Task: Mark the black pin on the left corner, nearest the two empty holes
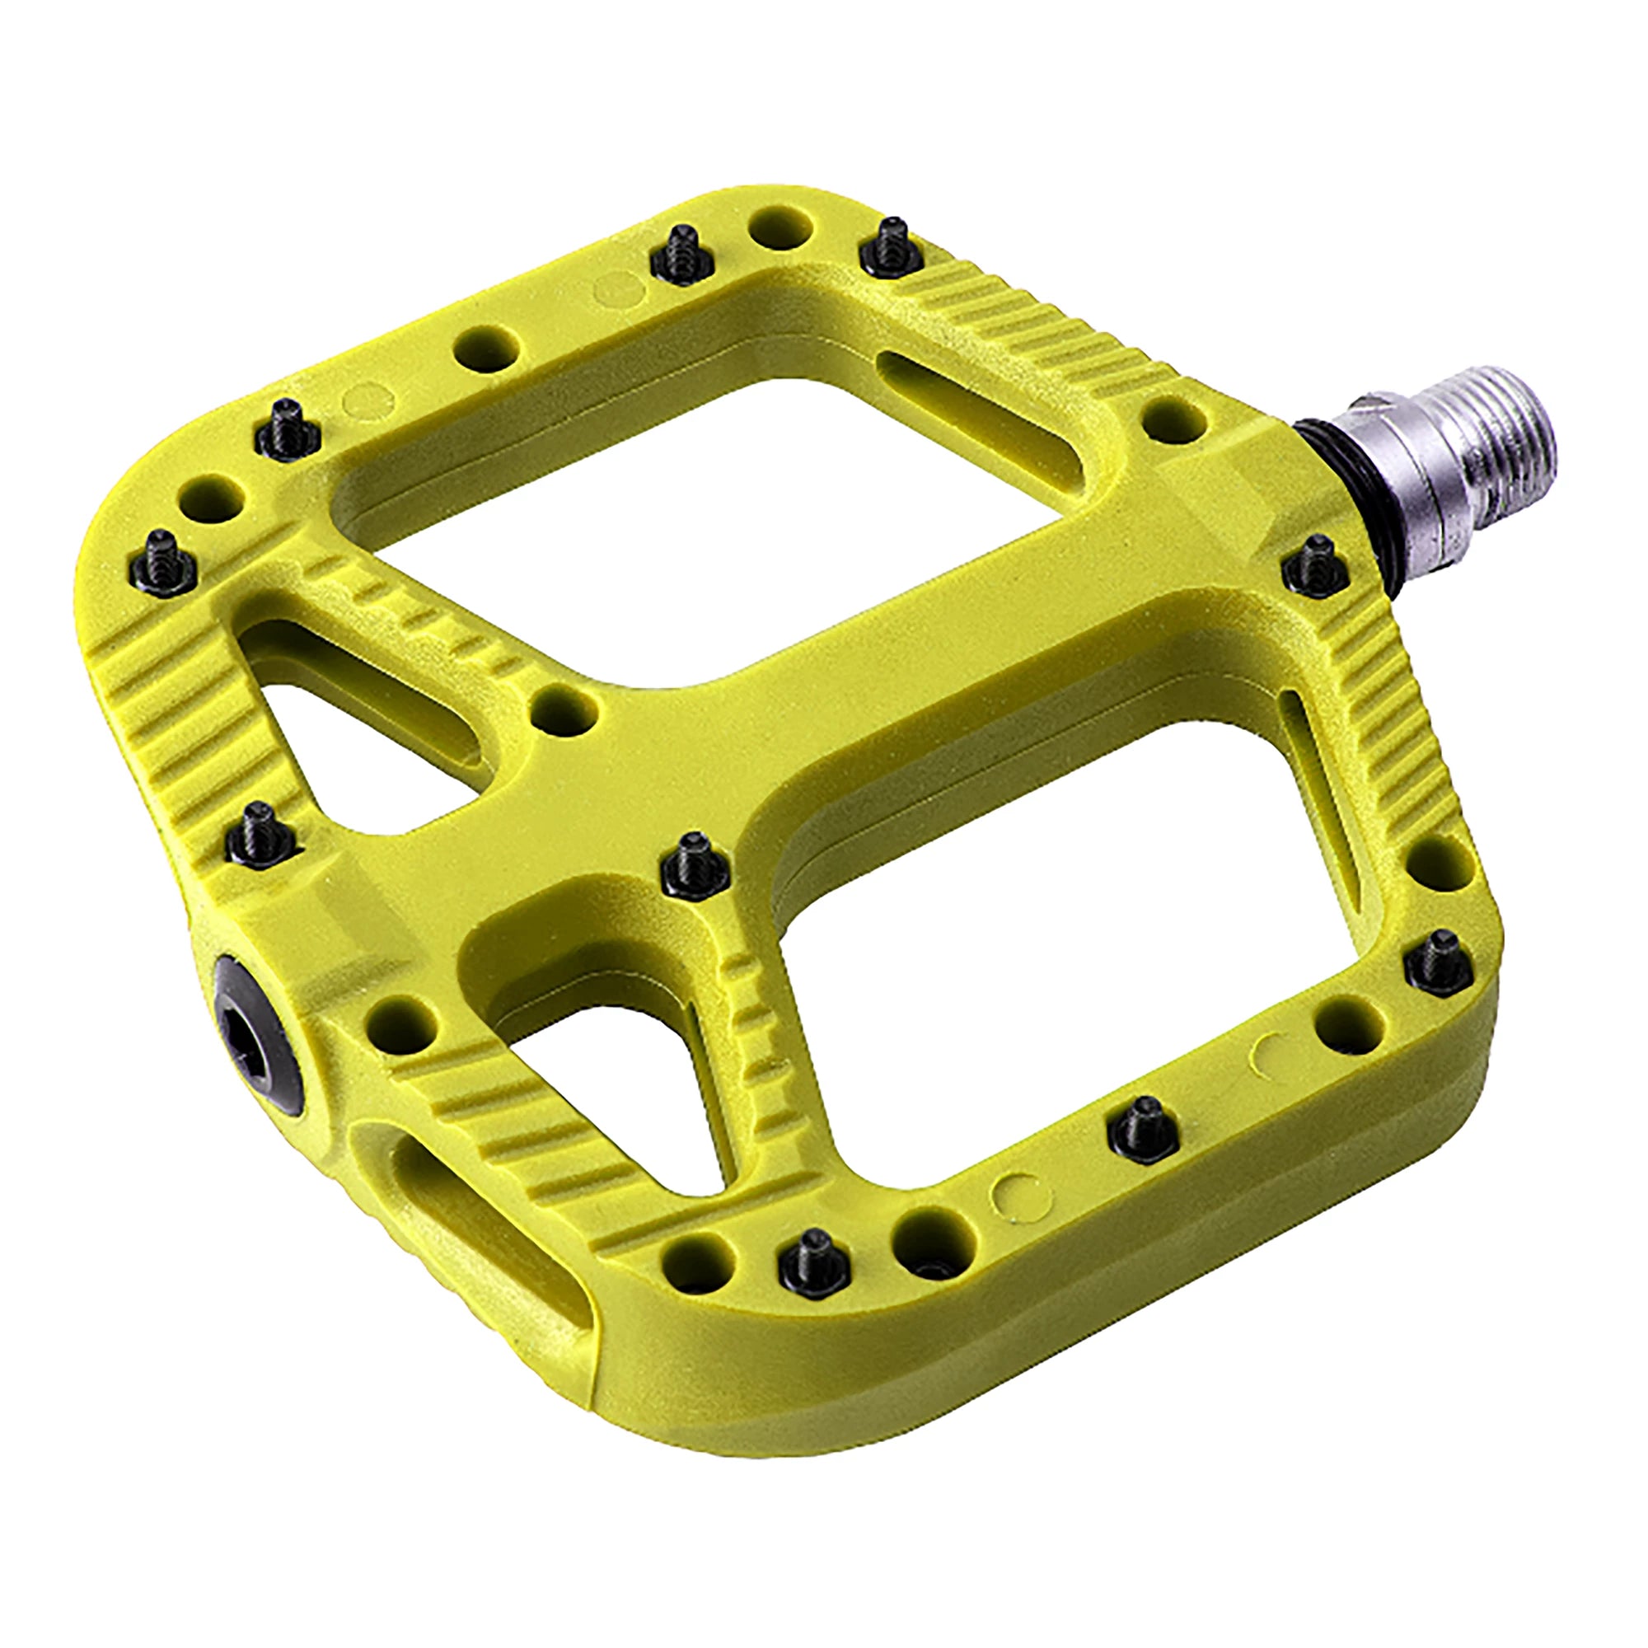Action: coord(163,563)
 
